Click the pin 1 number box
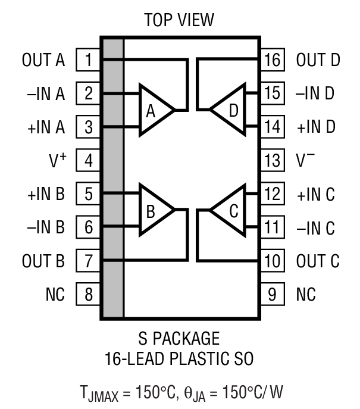tap(88, 60)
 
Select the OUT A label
tap(42, 60)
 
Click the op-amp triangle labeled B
tap(154, 210)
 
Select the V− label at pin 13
tap(306, 160)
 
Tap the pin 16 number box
tap(271, 60)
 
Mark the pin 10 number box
tap(271, 260)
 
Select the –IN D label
tap(315, 93)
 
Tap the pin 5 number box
tap(88, 193)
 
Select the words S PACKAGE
tap(179, 339)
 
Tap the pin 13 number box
tap(271, 160)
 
